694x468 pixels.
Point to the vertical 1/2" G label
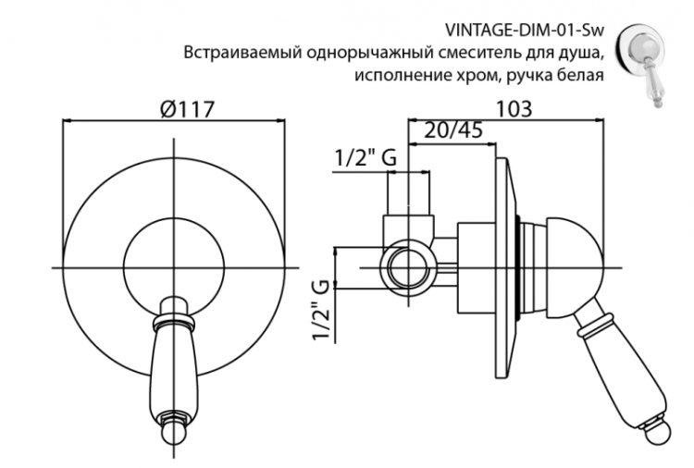tap(321, 311)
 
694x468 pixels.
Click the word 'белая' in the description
tap(581, 75)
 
